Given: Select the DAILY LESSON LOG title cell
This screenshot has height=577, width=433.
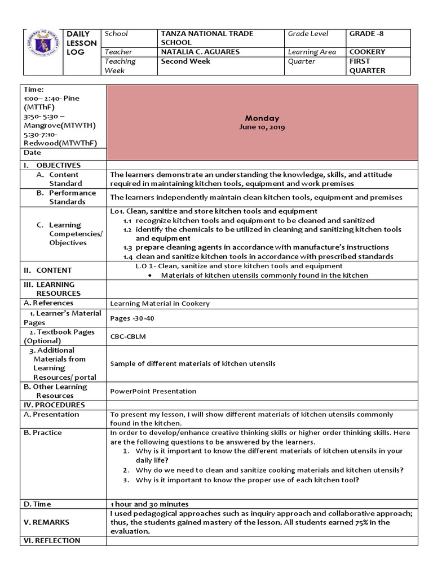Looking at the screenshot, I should pos(82,52).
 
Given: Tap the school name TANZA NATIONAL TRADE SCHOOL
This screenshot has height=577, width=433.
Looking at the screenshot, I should pos(207,38).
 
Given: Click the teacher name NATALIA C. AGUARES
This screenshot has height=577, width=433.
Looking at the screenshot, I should pos(200,52).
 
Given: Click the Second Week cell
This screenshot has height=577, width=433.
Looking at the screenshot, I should pos(185,61).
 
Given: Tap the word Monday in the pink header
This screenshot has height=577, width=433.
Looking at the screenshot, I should pos(262,118).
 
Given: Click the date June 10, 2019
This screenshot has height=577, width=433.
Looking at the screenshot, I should pos(262,127).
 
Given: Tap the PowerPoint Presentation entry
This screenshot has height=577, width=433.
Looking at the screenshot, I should pos(153,391).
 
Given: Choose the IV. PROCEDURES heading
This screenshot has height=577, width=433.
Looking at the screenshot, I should pos(54,405).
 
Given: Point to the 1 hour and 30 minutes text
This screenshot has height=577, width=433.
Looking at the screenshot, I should pos(149,504).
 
